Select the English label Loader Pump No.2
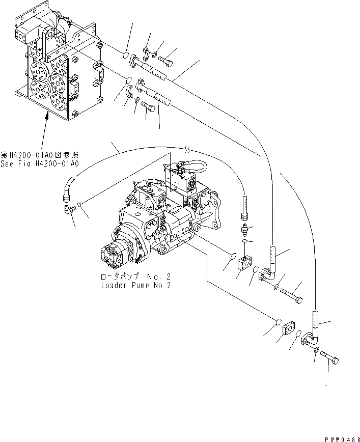click(135, 286)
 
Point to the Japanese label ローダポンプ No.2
click(135, 277)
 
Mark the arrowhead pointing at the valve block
click(47, 115)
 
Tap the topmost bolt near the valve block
click(167, 61)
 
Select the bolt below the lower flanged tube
click(148, 106)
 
